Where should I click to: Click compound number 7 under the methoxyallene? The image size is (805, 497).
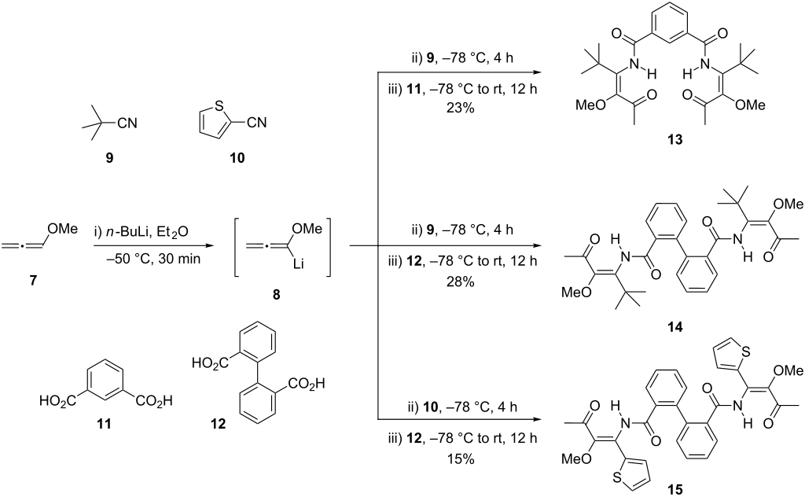pyautogui.click(x=33, y=281)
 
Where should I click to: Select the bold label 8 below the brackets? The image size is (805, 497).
pyautogui.click(x=276, y=295)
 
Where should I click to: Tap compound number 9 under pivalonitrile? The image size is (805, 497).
pyautogui.click(x=109, y=157)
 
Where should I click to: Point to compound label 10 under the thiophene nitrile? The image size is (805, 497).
pyautogui.click(x=237, y=157)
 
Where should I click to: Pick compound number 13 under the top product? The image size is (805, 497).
pyautogui.click(x=675, y=139)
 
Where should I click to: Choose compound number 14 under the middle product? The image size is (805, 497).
pyautogui.click(x=675, y=326)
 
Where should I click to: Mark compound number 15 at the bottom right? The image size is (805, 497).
pyautogui.click(x=675, y=490)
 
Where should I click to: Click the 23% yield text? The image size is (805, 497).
pyautogui.click(x=461, y=109)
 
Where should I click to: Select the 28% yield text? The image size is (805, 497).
pyautogui.click(x=461, y=282)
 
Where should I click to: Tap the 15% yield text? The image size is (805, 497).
pyautogui.click(x=461, y=458)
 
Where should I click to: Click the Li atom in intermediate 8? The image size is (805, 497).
pyautogui.click(x=300, y=264)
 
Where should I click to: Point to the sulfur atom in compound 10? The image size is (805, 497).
pyautogui.click(x=219, y=106)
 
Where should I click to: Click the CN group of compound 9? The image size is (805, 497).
pyautogui.click(x=127, y=123)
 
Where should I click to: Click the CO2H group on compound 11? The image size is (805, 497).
pyautogui.click(x=154, y=400)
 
